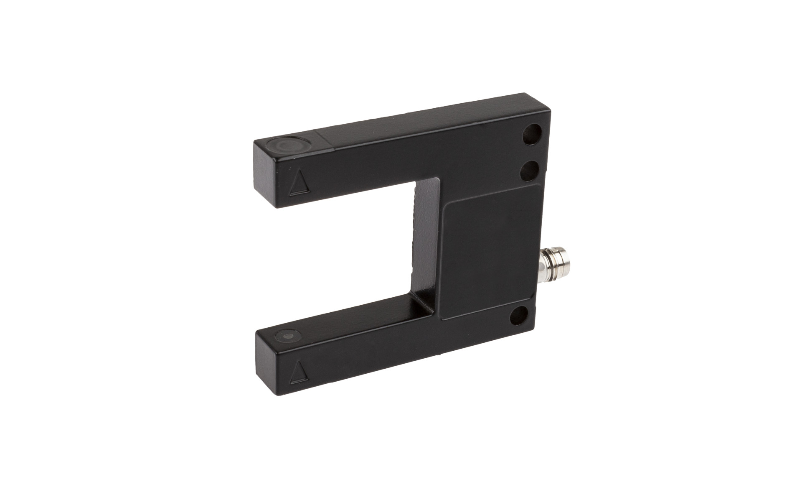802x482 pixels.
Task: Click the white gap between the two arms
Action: coord(343,251)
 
